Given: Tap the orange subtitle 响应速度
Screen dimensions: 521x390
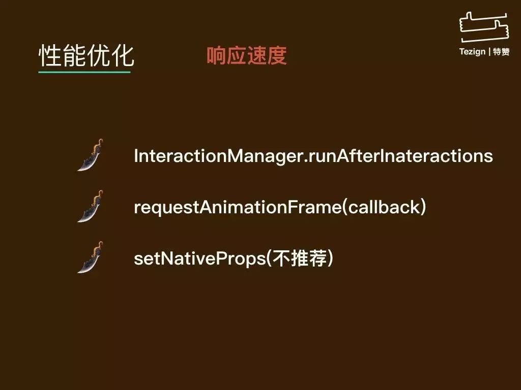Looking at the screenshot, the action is [247, 55].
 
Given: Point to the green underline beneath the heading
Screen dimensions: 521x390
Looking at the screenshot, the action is [84, 72].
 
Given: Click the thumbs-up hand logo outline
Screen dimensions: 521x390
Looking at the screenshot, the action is [484, 28].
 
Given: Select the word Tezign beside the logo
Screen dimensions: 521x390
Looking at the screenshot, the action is [472, 52].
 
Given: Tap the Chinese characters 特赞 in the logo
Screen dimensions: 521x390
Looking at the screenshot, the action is [501, 52].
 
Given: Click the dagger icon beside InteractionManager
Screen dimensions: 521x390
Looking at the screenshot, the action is [91, 155].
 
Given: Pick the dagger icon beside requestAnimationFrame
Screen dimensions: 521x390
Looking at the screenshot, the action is [91, 206].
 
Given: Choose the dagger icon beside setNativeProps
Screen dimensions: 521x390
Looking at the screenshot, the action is [91, 257].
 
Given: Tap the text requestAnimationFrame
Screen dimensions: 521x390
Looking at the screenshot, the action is [238, 207].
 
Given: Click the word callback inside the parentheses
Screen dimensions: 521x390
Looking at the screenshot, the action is [384, 207].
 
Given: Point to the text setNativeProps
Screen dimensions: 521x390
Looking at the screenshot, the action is [199, 258].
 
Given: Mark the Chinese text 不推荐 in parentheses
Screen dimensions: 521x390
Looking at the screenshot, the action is [300, 258].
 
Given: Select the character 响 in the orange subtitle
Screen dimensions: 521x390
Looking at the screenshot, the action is [217, 55].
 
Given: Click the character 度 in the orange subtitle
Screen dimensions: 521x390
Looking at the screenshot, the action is [277, 55].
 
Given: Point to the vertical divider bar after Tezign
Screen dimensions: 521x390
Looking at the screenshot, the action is [489, 52].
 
